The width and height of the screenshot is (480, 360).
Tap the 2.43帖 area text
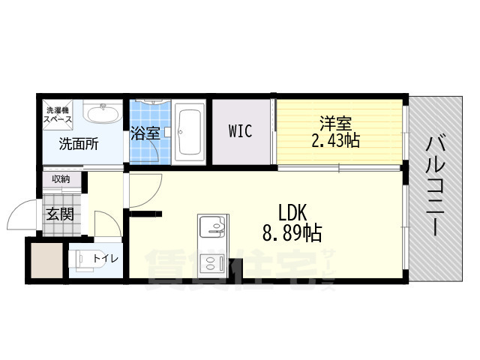(335, 140)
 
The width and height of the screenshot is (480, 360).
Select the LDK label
(293, 212)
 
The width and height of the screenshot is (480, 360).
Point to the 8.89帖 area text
(292, 233)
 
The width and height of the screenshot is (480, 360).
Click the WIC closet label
(240, 131)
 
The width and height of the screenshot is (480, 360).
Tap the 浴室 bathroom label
(145, 133)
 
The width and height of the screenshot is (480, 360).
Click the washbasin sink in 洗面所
(101, 115)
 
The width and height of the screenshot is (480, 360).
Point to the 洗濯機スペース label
(56, 115)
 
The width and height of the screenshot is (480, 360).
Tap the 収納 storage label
(61, 178)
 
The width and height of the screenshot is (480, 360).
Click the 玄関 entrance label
(60, 214)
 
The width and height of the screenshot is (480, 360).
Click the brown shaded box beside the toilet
(45, 259)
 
